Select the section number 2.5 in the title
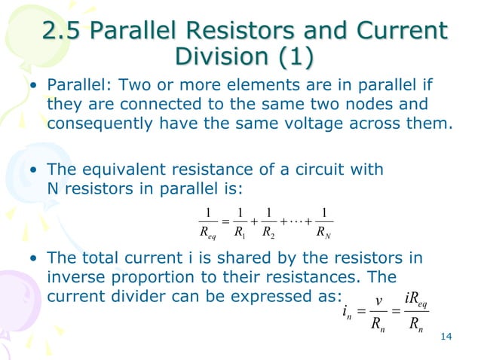[x=63, y=32]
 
